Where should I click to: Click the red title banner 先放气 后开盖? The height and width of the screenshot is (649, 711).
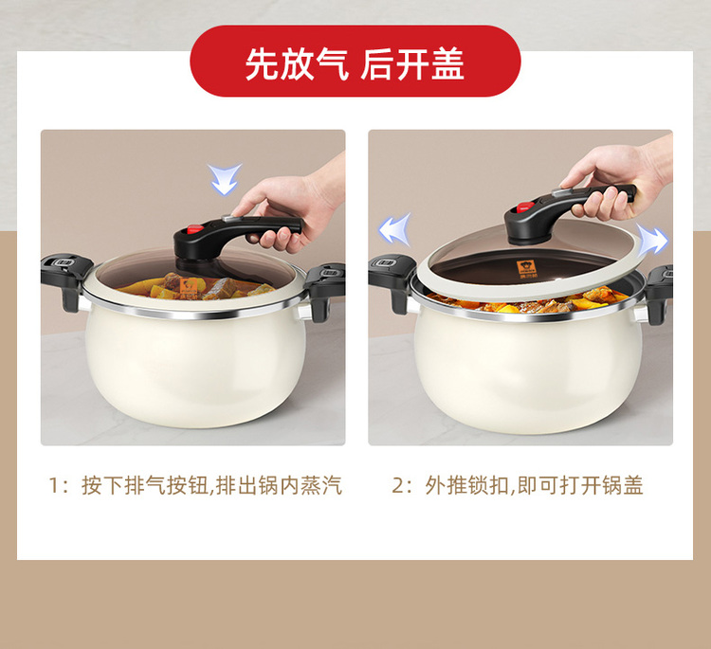click(355, 62)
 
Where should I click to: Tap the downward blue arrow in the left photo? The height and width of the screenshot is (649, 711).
click(225, 179)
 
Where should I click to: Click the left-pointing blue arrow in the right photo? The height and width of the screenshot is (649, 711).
click(395, 229)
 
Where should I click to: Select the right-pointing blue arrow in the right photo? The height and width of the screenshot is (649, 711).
click(651, 239)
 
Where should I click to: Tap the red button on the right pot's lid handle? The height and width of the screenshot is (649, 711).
click(526, 207)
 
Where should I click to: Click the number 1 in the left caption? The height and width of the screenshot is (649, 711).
click(53, 485)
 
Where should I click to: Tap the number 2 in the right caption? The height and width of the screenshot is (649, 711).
click(397, 485)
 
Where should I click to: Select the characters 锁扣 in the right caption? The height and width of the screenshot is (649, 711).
click(489, 485)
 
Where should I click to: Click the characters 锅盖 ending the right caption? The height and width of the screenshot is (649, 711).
click(623, 485)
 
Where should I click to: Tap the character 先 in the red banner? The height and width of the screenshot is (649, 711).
click(262, 63)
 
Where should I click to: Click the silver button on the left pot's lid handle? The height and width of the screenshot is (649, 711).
click(229, 218)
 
